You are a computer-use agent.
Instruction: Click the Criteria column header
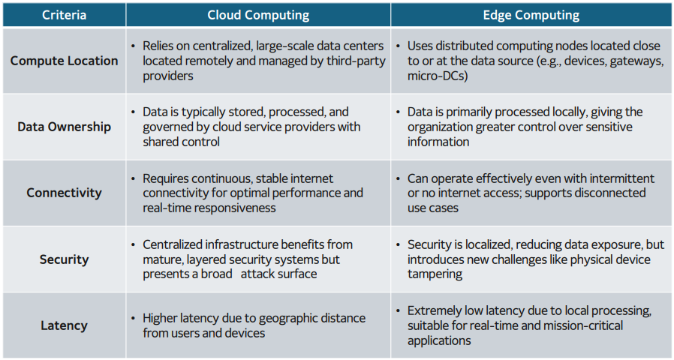pos(64,15)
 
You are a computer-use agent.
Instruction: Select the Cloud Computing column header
pos(258,15)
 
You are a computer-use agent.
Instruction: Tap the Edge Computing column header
pos(531,15)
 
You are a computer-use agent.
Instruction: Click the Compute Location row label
pos(64,61)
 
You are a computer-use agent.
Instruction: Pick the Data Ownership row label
pos(64,127)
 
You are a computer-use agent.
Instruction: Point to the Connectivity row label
pos(64,193)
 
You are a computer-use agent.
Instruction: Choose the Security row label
pos(64,259)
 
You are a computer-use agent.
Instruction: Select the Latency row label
pos(64,325)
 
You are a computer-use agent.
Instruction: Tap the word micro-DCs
pos(437,76)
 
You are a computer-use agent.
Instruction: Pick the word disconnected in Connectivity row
pos(608,193)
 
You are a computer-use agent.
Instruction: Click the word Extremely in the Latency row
pos(437,310)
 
